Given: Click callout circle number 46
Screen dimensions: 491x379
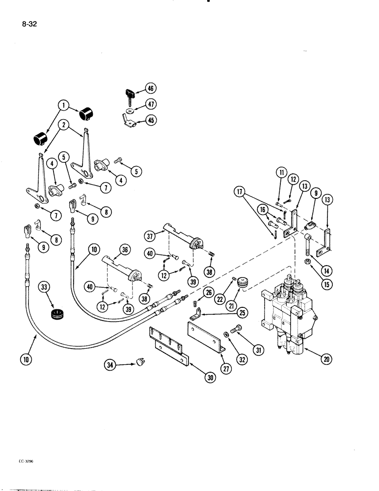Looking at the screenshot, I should coord(150,89).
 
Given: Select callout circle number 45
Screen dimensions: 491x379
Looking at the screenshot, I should coord(150,120).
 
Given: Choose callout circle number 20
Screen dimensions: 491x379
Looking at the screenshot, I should coord(326,359).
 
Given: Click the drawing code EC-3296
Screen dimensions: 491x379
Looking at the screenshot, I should coord(15,462).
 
